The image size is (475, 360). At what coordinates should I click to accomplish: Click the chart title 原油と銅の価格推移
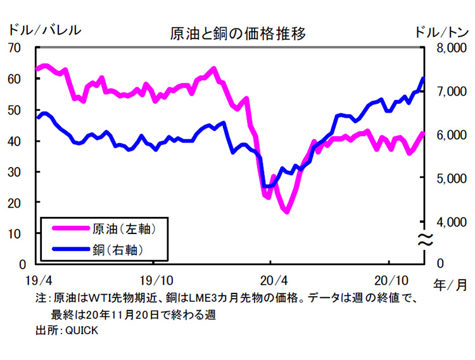click(237, 34)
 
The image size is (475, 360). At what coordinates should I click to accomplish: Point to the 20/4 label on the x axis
click(271, 280)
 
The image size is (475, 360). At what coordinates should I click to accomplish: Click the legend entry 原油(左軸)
click(120, 227)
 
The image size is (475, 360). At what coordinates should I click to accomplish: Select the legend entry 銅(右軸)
click(115, 247)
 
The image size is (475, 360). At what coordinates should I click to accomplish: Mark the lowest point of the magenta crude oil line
click(287, 212)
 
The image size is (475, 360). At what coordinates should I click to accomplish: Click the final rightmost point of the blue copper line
click(423, 78)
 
